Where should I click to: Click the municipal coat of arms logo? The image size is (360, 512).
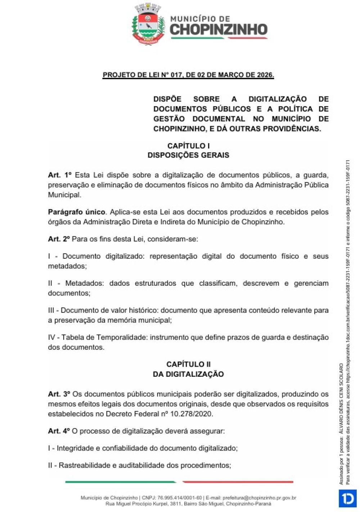coord(148,24)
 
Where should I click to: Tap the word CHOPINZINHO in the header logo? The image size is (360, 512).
coord(219,30)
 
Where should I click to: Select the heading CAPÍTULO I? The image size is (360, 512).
coord(188,146)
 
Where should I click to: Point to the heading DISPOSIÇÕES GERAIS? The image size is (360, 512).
coord(188,155)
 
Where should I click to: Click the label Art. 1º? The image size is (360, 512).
coord(60,175)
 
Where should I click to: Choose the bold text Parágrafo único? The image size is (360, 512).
coord(77,212)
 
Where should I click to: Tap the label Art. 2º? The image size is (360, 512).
coord(59,239)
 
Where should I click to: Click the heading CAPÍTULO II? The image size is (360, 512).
coord(188,364)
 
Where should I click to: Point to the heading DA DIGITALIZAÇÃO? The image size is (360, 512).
coord(188,374)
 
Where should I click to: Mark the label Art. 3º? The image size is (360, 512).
coord(59,394)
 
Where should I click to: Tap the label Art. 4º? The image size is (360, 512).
coord(59,431)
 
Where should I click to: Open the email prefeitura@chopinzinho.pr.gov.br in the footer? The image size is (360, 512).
coord(259,498)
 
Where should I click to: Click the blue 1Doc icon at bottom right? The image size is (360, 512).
coord(348,498)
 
